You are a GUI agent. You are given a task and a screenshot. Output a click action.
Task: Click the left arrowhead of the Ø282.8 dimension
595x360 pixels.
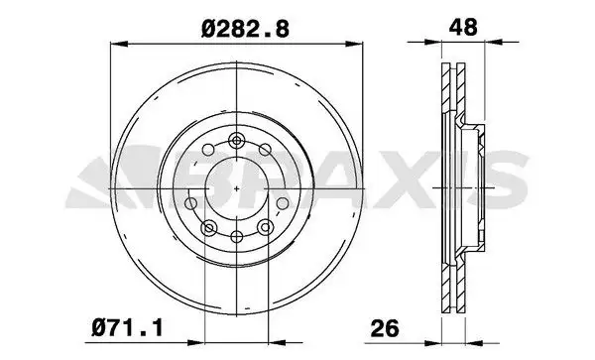[x=113, y=43]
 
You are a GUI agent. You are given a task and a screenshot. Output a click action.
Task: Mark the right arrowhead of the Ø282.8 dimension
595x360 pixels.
[x=359, y=43]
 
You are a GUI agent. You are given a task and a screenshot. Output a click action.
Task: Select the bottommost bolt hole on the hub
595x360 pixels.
[x=236, y=237]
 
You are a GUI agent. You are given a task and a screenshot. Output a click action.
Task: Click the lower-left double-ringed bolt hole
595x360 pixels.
[x=209, y=229]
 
